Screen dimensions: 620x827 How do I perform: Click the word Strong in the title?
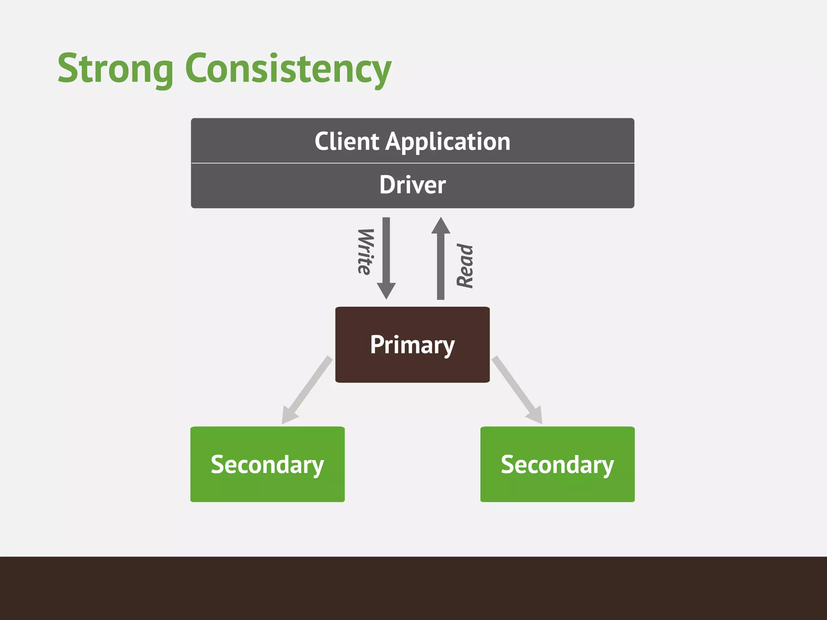[x=115, y=69]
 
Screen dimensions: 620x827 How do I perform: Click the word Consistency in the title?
[x=288, y=69]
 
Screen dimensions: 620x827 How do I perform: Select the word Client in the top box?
[x=346, y=142]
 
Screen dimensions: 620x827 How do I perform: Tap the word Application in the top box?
[x=448, y=142]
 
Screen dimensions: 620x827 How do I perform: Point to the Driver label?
[x=412, y=185]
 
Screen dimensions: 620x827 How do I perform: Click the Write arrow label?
[x=365, y=252]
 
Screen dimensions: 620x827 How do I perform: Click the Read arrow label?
[x=465, y=266]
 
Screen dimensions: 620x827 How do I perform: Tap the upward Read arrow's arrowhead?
[x=441, y=226]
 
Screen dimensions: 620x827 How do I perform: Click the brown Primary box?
[x=412, y=344]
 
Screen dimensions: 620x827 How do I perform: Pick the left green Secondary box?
[x=267, y=464]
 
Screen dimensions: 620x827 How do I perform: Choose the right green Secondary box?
[x=557, y=464]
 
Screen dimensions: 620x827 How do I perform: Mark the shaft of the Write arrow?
[x=386, y=250]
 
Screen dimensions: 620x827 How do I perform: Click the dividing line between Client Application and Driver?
[x=412, y=163]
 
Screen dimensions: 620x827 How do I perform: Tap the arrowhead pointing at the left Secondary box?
[x=288, y=416]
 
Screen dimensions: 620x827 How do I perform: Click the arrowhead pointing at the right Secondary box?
[x=535, y=416]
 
